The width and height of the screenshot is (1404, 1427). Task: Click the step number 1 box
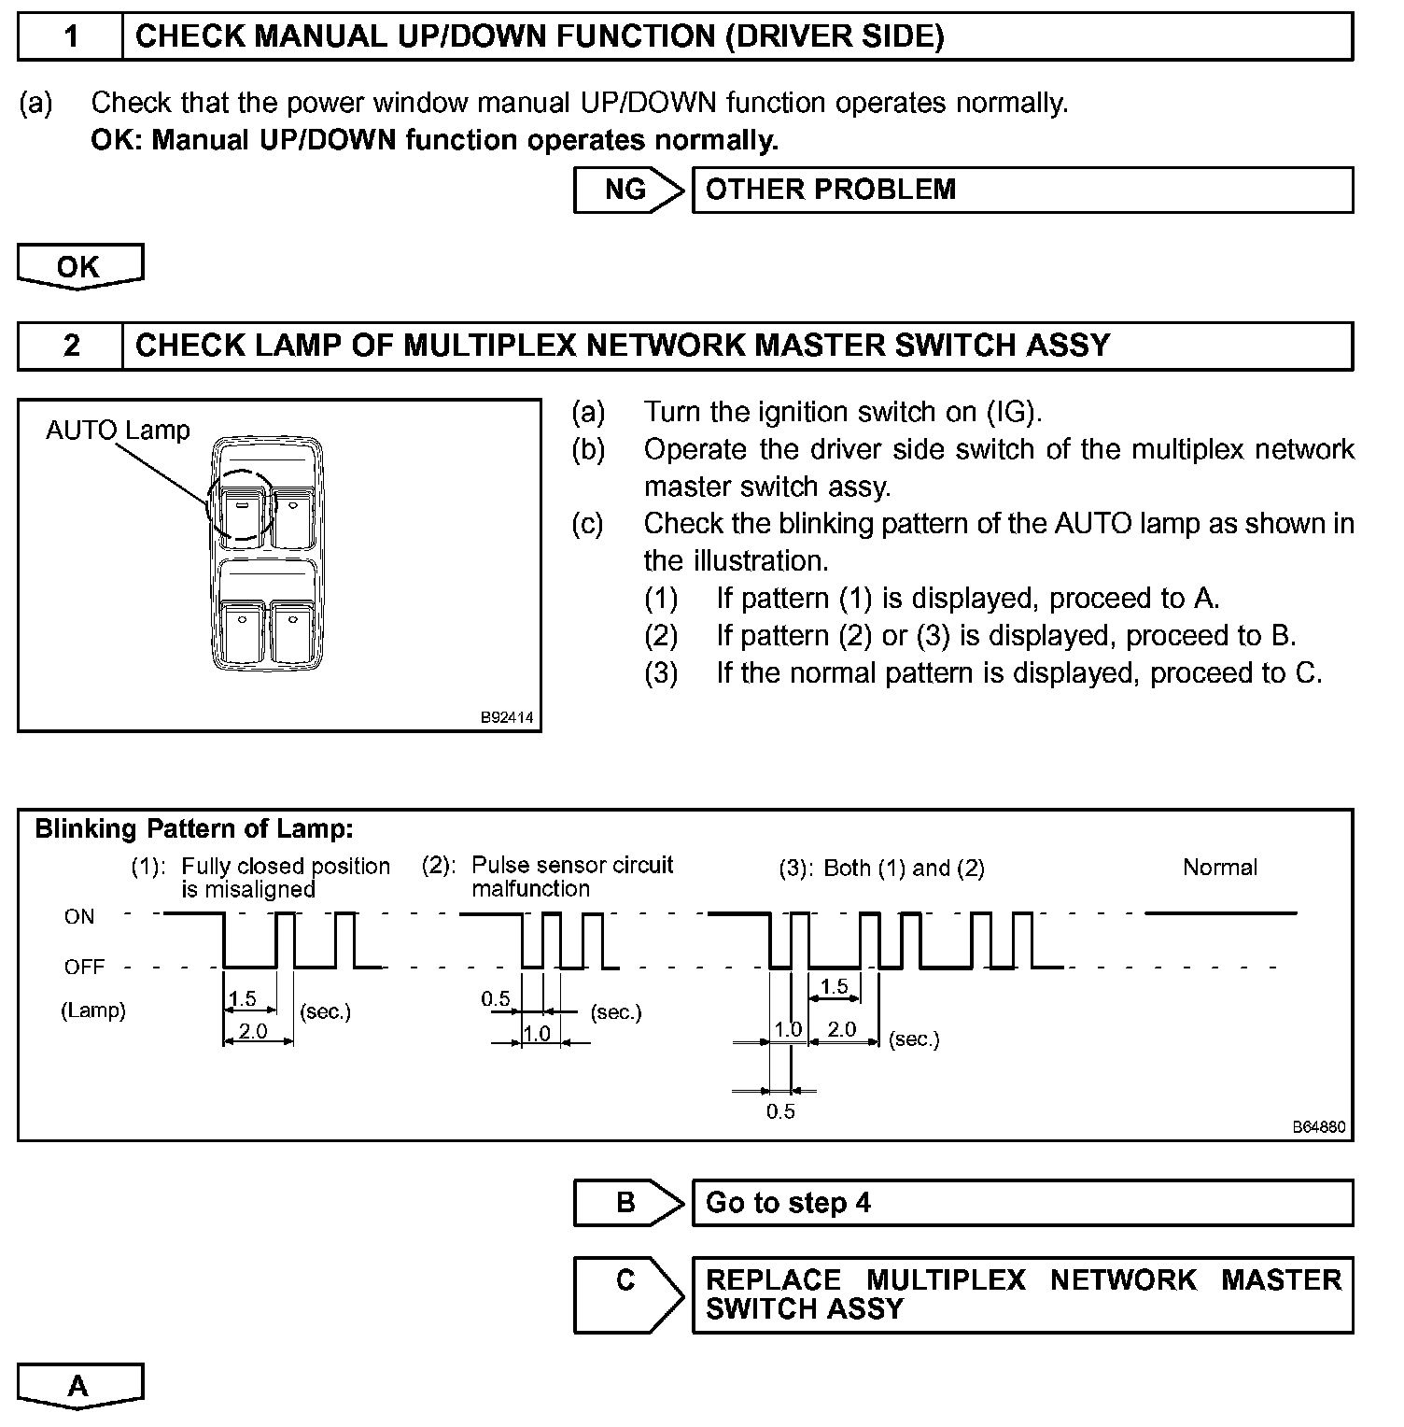70,36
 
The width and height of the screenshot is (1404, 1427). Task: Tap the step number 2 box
70,346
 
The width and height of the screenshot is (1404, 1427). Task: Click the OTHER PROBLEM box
1022,190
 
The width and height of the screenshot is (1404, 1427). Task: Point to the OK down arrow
80,267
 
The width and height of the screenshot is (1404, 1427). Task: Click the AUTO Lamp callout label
118,431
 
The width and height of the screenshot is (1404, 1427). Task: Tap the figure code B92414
507,717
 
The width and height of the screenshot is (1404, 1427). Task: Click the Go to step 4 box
1022,1203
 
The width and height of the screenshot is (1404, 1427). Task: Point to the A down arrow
80,1386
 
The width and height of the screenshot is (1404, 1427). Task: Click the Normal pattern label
1219,867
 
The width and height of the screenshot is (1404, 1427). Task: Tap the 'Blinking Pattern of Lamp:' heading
194,828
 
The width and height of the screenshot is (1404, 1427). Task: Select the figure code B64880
1319,1127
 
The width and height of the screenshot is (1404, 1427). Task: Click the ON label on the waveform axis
79,916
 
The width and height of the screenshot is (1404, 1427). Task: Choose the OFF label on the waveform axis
84,967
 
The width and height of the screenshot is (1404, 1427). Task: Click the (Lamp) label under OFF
92,1010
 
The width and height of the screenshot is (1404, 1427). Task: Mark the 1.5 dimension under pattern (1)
243,998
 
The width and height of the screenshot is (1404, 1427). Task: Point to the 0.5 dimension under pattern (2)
496,999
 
